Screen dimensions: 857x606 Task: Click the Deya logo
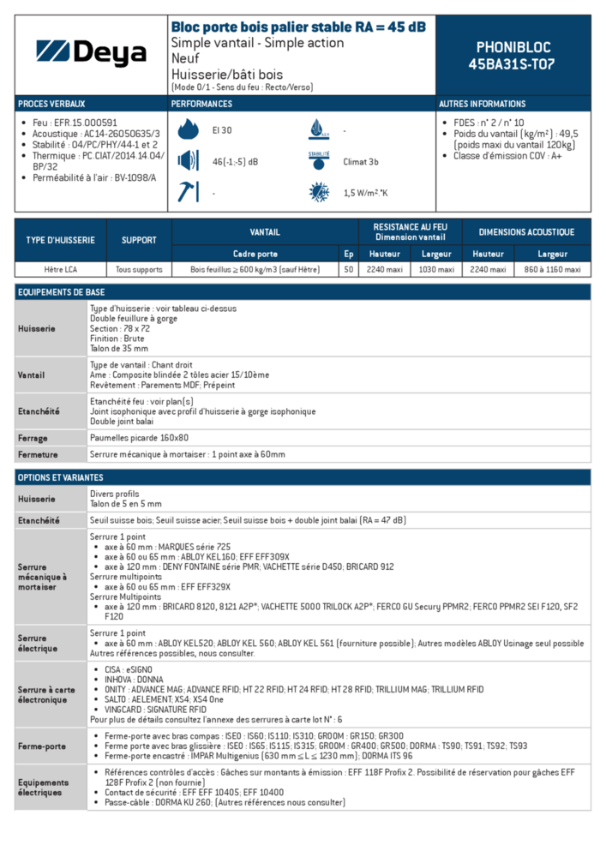click(92, 54)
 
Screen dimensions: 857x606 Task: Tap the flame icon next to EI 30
click(187, 130)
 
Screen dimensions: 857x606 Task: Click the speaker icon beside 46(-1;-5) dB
click(187, 161)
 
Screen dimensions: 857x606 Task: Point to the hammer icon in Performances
click(187, 192)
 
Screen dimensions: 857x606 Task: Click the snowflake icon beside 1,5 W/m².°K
click(318, 192)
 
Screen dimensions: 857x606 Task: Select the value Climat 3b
click(361, 161)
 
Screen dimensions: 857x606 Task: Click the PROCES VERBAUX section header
click(51, 104)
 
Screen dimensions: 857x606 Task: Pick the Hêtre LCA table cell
click(60, 269)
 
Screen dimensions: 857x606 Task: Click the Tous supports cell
click(139, 269)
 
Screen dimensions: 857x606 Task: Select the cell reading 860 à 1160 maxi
click(552, 269)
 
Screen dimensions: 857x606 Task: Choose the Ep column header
click(348, 254)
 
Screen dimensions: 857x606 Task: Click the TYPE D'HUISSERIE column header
click(60, 240)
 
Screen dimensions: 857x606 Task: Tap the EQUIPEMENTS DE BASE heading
click(61, 292)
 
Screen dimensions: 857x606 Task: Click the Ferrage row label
click(33, 438)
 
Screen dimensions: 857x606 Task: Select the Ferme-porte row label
click(42, 746)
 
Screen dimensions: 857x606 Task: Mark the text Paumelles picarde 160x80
click(139, 438)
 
